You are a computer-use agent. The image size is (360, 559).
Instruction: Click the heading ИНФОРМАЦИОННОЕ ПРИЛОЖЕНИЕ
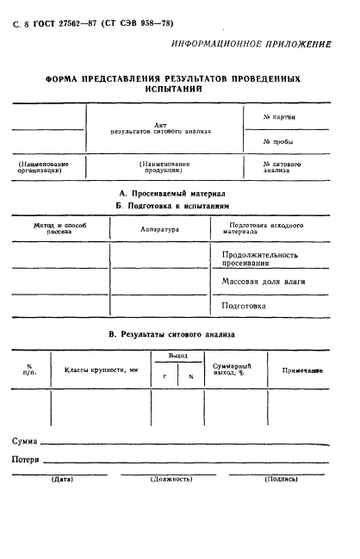(x=264, y=43)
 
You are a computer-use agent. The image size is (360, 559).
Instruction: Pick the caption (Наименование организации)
(x=44, y=167)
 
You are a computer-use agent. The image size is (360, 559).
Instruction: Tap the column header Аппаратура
(x=159, y=230)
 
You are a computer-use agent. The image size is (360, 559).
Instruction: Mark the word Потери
(x=26, y=460)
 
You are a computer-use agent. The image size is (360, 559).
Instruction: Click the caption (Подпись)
(x=282, y=478)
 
